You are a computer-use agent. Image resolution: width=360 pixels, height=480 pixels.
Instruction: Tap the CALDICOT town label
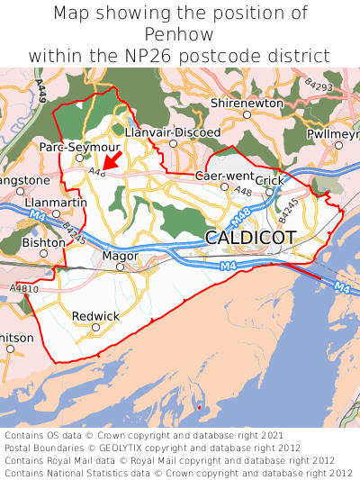(x=250, y=238)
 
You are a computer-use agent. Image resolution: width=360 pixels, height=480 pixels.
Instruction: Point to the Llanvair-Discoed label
(x=172, y=132)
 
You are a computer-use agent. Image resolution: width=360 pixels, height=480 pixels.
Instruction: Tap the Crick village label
(x=269, y=181)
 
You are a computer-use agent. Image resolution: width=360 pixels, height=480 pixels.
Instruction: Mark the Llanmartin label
(x=57, y=203)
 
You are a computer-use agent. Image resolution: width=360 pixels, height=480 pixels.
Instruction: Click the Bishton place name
(x=43, y=243)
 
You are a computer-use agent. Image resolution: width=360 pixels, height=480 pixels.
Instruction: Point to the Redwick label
(x=95, y=316)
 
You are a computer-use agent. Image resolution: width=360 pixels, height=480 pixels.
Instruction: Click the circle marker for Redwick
(x=95, y=327)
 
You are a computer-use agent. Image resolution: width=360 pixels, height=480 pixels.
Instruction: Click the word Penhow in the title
(x=180, y=35)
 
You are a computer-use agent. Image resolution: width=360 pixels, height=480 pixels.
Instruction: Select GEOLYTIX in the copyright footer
(x=139, y=448)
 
